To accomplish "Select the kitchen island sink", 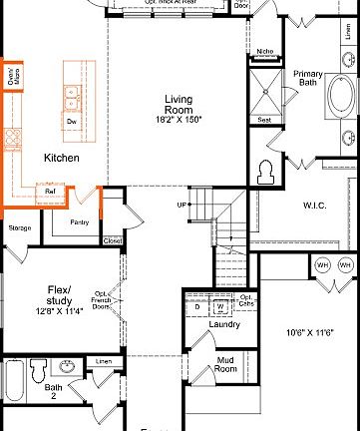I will pos(71,96).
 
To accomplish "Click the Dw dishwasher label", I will pos(72,121).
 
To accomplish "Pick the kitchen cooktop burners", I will pos(13,138).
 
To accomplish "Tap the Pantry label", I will pos(81,221).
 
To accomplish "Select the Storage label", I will pos(20,228).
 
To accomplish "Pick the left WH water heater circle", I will pos(322,265).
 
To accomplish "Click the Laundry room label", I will pos(225,324).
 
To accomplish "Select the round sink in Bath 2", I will pos(66,367).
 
